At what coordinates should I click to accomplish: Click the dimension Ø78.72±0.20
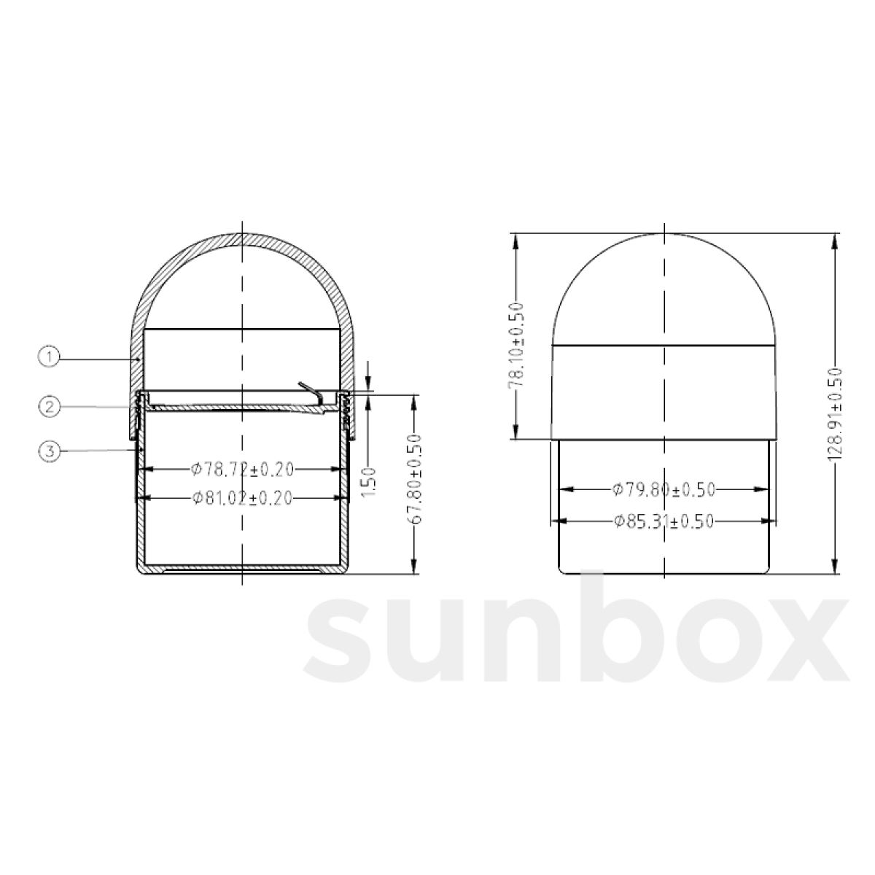(x=242, y=469)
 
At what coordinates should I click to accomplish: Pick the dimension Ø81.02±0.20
(x=242, y=498)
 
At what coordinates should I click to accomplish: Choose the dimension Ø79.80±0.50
(x=664, y=490)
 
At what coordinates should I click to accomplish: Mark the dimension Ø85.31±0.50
(x=664, y=521)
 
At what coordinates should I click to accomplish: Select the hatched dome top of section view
(x=242, y=240)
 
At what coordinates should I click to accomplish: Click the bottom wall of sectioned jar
(x=242, y=568)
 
